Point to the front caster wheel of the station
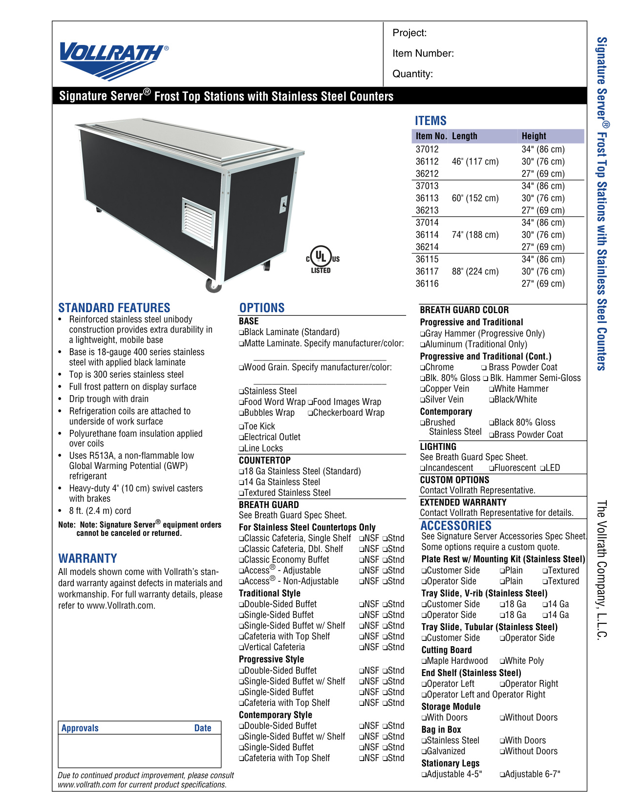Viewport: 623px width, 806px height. [213, 285]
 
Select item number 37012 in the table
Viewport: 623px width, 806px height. [427, 149]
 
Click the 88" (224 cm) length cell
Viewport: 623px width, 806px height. [475, 272]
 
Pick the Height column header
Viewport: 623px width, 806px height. [534, 136]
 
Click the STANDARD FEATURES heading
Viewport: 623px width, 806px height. [114, 308]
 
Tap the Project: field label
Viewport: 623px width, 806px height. [409, 33]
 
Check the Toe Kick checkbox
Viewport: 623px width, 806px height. [241, 427]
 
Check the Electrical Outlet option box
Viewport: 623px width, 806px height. [241, 438]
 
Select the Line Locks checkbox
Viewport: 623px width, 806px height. [241, 449]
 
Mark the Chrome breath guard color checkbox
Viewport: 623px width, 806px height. [423, 368]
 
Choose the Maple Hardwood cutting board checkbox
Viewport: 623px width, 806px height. [424, 661]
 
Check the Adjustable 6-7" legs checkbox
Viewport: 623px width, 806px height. [502, 775]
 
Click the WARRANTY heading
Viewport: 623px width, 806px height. [87, 558]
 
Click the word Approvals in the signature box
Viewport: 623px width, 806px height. [80, 728]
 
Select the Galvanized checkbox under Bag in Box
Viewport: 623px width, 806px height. [424, 752]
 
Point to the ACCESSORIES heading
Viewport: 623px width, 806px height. [456, 526]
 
